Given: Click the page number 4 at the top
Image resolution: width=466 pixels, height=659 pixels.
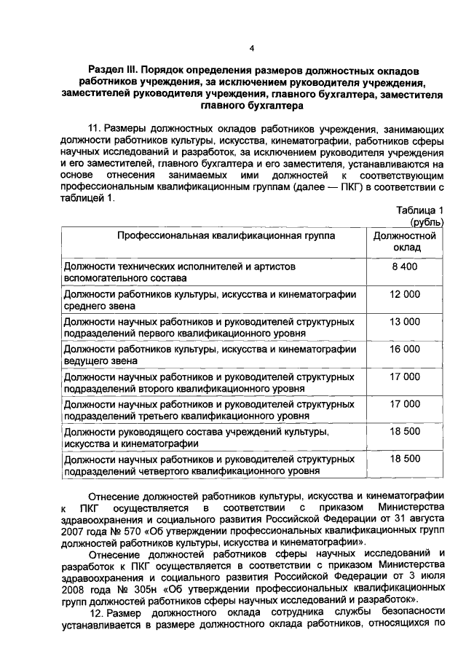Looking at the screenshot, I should [x=250, y=49].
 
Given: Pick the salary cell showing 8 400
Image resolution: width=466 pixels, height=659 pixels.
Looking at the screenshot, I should [x=404, y=267].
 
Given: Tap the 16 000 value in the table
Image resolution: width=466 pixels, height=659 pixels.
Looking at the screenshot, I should [x=405, y=350].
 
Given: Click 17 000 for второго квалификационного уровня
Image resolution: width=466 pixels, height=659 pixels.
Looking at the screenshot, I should [x=405, y=376].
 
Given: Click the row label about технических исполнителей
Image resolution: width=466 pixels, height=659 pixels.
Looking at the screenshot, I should [x=180, y=272].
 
